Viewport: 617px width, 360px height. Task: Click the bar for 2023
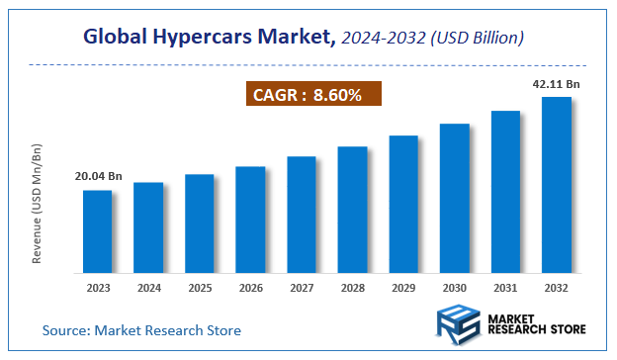coord(97,231)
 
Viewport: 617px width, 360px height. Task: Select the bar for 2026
coord(250,220)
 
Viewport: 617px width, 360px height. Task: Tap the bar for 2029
coord(403,204)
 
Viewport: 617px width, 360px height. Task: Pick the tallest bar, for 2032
coord(556,185)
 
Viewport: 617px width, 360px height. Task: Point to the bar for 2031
coord(505,192)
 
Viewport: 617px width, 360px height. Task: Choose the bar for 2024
coord(148,227)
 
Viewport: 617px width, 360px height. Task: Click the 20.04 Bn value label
coord(98,177)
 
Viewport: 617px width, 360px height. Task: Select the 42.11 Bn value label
coord(556,84)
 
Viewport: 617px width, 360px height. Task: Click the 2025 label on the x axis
coord(199,290)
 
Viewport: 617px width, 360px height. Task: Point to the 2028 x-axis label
coord(352,290)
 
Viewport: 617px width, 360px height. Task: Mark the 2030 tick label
coord(454,290)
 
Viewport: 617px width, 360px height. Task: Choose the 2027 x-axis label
coord(302,290)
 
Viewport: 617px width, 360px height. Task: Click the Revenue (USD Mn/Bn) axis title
coord(38,203)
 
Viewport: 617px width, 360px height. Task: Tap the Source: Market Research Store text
coord(141,329)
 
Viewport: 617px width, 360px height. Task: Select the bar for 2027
coord(302,215)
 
